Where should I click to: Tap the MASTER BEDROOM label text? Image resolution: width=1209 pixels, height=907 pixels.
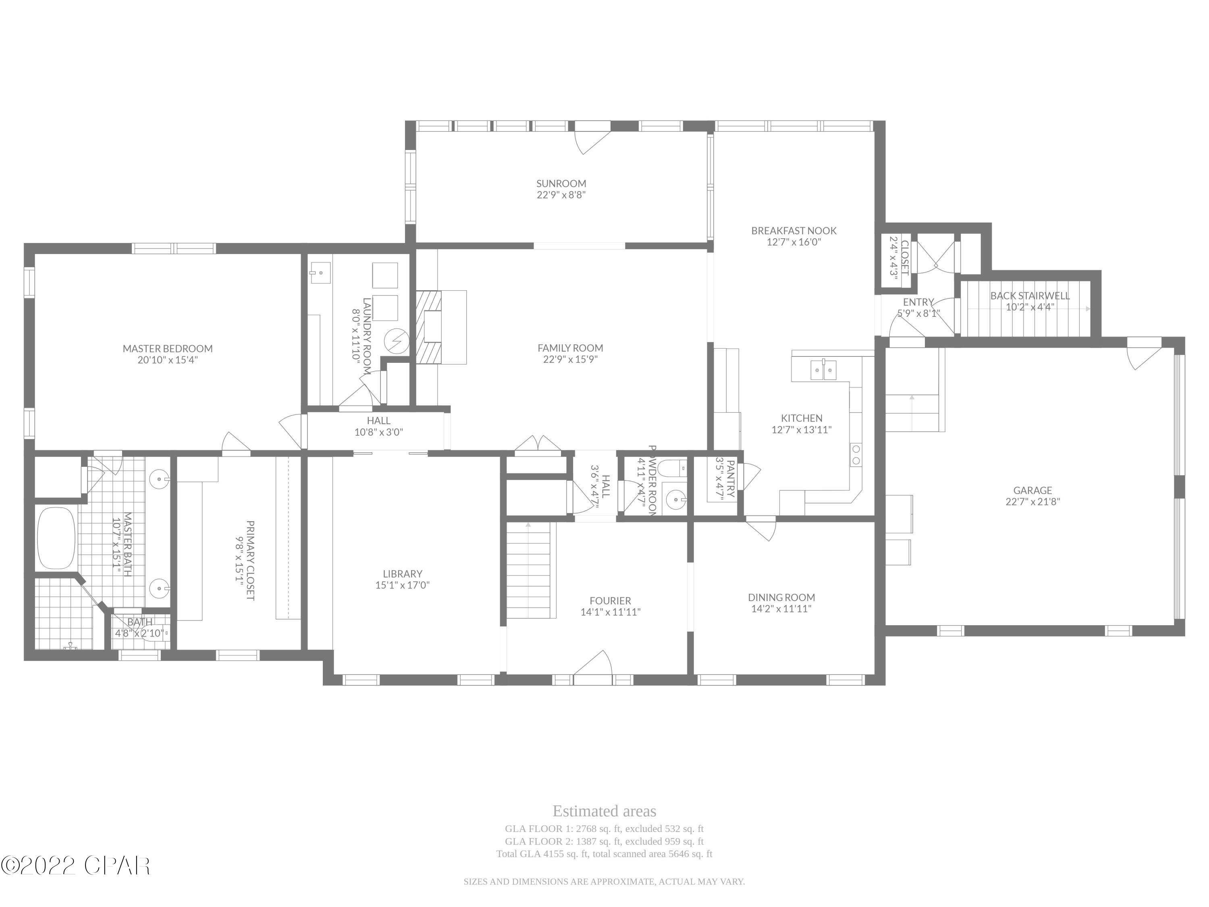167,349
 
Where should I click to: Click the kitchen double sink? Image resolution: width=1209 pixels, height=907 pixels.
823,370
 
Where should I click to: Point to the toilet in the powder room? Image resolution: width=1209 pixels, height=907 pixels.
669,468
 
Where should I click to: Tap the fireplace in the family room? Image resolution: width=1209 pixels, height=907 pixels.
430,327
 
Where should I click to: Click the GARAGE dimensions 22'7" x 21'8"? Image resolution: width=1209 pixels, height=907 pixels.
1032,502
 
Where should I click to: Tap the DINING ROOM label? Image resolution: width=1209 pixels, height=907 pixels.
781,597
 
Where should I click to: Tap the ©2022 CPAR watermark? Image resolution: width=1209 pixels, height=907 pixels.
75,865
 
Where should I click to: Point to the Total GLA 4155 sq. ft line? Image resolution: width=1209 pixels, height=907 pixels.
604,854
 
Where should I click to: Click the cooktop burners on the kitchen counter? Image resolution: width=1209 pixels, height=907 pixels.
856,455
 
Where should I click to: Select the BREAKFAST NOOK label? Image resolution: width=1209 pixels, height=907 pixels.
794,231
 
